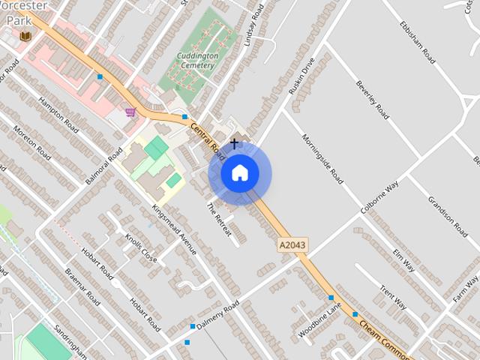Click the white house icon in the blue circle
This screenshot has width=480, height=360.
(239, 173)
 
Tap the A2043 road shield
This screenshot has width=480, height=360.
(292, 245)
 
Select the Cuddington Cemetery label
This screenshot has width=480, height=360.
(196, 61)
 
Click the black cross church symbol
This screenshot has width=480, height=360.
(234, 143)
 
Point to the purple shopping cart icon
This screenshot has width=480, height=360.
(130, 112)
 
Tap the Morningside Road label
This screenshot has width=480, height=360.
(322, 158)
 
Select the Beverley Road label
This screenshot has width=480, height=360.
(373, 99)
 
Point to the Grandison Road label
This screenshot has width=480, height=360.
(448, 216)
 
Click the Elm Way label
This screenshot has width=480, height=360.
(403, 256)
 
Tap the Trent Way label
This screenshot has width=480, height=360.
(392, 296)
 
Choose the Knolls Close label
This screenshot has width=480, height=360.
(142, 247)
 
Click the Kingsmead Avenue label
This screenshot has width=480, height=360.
(174, 229)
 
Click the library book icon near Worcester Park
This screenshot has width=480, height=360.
(25, 36)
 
